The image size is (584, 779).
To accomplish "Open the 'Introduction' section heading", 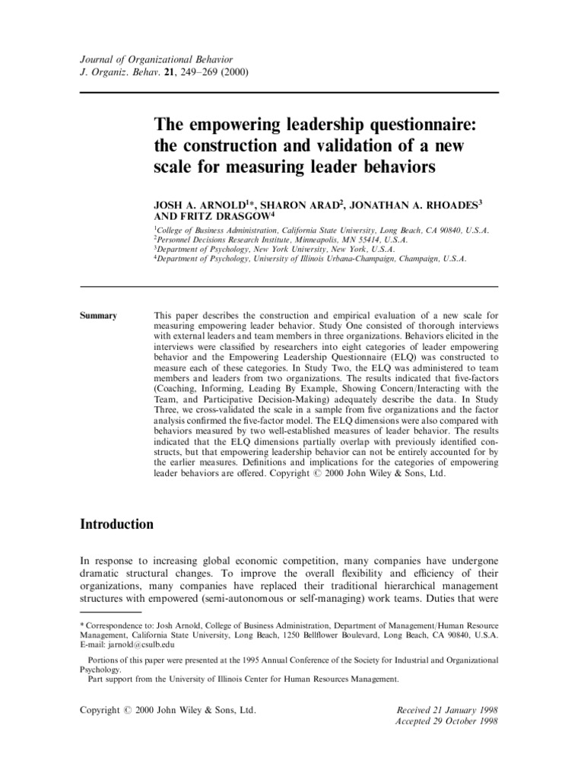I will point(117,524).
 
